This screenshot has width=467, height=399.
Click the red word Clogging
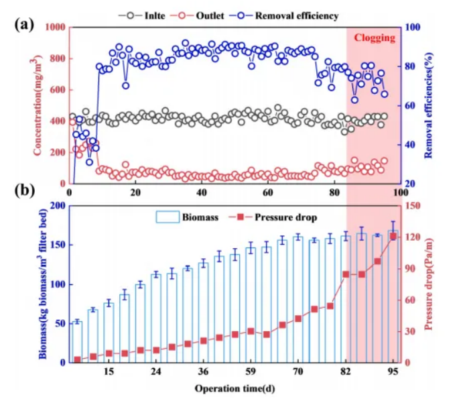point(375,38)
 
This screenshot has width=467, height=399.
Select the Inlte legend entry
point(142,15)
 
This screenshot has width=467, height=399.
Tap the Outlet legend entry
point(197,15)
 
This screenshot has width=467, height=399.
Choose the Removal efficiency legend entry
point(283,15)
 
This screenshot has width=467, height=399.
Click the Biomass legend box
point(168,217)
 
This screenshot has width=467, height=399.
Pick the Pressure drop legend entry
point(273,217)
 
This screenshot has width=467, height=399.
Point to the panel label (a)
point(24,24)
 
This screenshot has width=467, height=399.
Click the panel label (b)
point(24,190)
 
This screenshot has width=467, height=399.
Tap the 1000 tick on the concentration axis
point(55,27)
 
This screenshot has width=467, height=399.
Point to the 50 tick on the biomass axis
point(60,324)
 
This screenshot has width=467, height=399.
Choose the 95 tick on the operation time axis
point(393,372)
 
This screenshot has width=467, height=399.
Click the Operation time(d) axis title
point(235,388)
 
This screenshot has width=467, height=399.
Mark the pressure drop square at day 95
point(393,237)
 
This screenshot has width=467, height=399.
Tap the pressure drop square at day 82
point(346,274)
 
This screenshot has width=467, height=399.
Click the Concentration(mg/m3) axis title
point(37,107)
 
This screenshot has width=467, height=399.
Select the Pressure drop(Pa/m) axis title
point(427,284)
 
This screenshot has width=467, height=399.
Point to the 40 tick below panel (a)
point(202,192)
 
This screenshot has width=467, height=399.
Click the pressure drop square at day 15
point(109,353)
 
